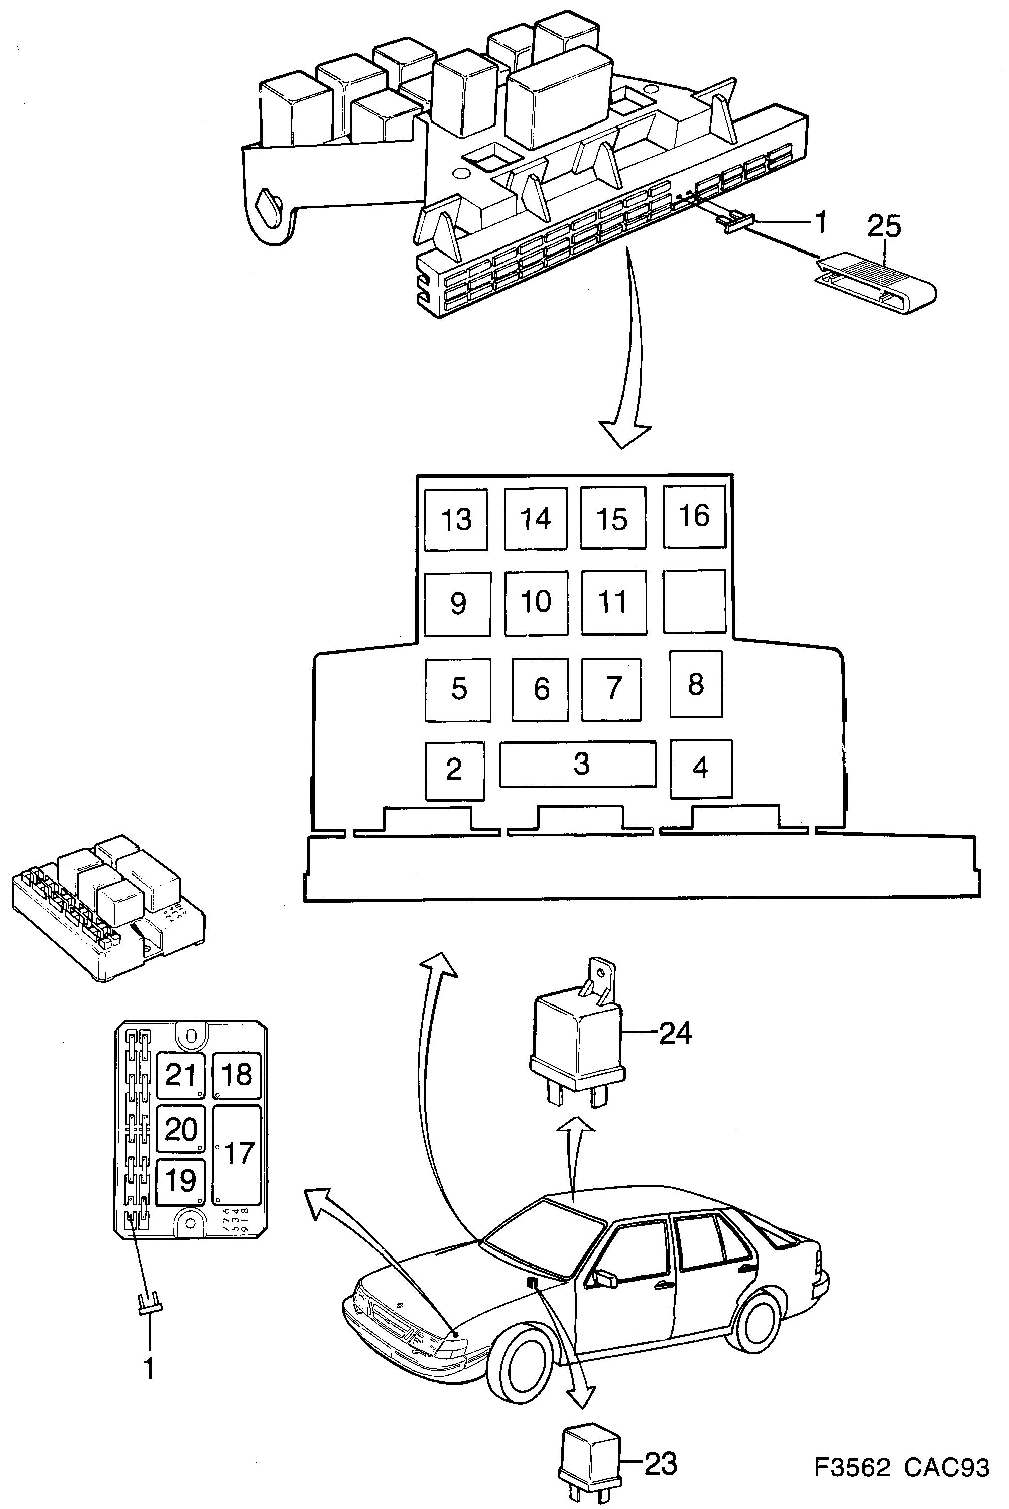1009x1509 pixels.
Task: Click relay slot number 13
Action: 456,519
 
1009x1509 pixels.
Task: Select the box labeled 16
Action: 694,516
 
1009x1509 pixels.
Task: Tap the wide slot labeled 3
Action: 578,764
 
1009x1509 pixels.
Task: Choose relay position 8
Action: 696,684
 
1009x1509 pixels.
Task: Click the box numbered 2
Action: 454,770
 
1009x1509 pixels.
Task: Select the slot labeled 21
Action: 180,1075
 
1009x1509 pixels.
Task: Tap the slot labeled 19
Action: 180,1181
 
